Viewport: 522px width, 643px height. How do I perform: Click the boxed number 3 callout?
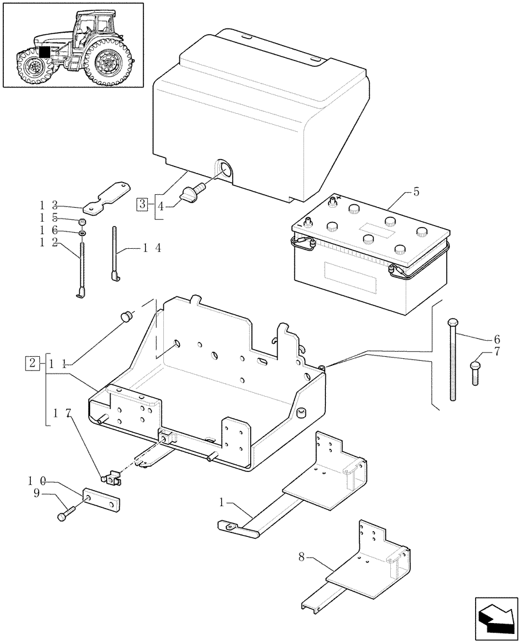click(142, 204)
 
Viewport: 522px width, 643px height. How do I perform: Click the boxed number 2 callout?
click(32, 362)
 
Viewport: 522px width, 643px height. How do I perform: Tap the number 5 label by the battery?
click(417, 191)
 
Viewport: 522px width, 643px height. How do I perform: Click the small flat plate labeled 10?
click(104, 502)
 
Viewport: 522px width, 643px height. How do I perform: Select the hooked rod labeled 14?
click(116, 254)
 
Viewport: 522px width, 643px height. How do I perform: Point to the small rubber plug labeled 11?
click(126, 316)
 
